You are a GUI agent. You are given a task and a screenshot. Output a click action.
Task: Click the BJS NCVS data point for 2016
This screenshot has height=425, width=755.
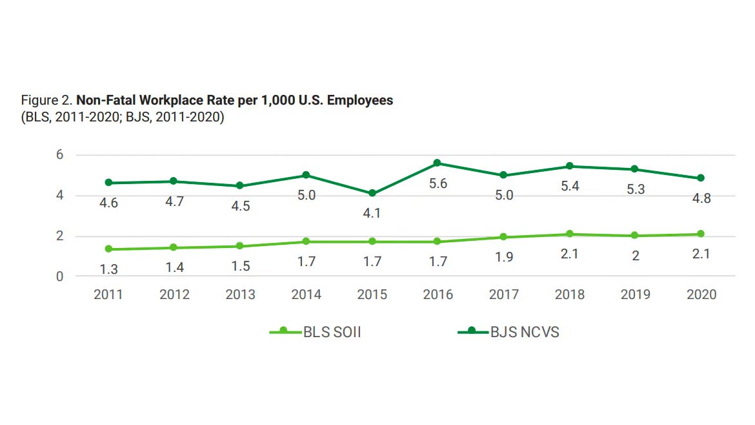click(438, 163)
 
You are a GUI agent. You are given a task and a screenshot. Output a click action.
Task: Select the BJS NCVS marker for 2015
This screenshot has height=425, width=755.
click(372, 193)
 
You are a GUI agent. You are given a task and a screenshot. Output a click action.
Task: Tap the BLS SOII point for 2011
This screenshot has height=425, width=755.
click(108, 249)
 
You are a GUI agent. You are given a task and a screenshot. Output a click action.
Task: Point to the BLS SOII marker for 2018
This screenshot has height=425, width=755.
click(569, 234)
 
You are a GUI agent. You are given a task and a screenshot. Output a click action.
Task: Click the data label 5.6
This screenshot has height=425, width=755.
click(438, 184)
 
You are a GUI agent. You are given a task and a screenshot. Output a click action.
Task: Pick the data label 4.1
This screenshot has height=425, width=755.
click(372, 214)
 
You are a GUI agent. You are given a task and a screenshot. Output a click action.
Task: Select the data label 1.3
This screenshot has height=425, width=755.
click(108, 270)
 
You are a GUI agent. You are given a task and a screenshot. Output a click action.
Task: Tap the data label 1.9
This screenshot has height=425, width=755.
click(503, 258)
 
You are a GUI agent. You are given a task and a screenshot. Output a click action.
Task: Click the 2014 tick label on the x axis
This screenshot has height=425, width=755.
click(306, 295)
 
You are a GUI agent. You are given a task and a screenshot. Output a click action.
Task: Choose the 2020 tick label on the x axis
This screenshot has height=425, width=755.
click(701, 295)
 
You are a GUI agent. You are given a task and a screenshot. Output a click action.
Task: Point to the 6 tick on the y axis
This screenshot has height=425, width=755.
click(59, 155)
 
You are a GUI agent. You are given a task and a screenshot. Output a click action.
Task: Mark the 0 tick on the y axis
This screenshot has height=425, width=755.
click(59, 276)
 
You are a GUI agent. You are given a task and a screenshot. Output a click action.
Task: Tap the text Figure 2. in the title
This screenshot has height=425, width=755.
click(47, 101)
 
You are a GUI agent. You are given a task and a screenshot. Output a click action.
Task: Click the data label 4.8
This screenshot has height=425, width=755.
click(701, 198)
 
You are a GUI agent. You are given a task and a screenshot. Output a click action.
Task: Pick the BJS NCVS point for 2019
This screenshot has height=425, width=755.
click(635, 169)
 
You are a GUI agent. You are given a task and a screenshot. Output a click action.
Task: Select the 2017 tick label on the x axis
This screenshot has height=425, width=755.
click(503, 295)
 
